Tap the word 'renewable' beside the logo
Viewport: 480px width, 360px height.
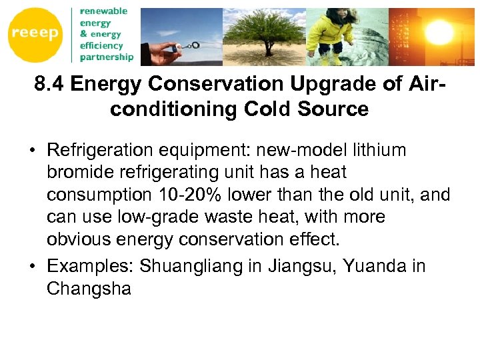pos(103,11)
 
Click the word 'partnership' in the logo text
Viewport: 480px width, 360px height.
pos(107,57)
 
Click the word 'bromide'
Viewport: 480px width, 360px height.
pos(81,172)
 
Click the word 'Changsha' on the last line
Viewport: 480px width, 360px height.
pos(88,289)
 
